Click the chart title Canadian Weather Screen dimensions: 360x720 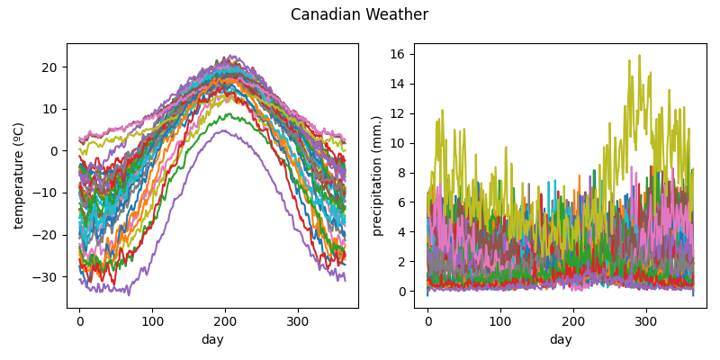(359, 15)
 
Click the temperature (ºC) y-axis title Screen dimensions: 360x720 (19, 175)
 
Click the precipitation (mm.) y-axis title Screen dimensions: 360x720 (377, 175)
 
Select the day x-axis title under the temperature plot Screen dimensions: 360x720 (212, 339)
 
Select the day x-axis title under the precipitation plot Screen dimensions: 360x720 (561, 339)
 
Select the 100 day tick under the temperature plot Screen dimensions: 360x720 (152, 320)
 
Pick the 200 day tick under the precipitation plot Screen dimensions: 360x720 (573, 320)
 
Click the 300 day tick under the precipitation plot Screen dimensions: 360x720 (646, 320)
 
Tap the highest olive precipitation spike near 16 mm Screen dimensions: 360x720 (639, 56)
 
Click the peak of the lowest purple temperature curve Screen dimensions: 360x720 (225, 131)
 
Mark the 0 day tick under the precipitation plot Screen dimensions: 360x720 (427, 320)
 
